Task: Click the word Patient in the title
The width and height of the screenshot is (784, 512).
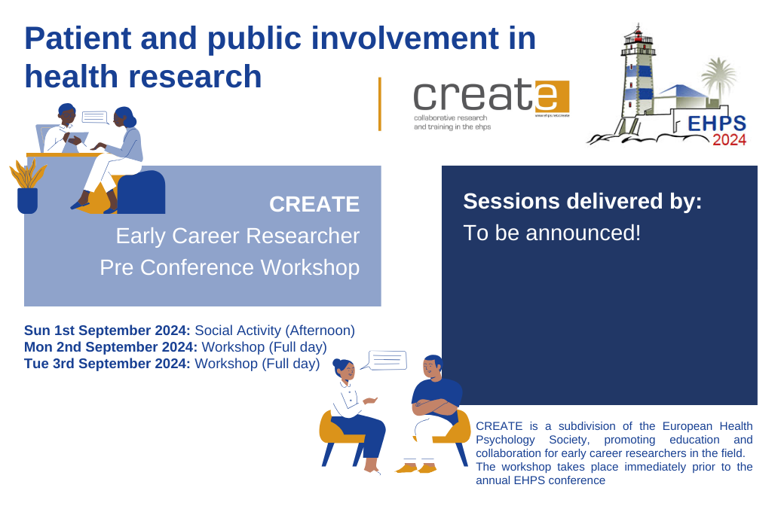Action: pyautogui.click(x=78, y=38)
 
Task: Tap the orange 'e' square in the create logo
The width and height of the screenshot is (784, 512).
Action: pyautogui.click(x=552, y=97)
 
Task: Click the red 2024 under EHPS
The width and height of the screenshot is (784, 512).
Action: pyautogui.click(x=729, y=140)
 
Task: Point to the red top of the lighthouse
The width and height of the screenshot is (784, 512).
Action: pyautogui.click(x=638, y=35)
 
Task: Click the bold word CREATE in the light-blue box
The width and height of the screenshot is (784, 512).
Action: pyautogui.click(x=314, y=204)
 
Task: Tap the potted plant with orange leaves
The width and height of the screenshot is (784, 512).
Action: pyautogui.click(x=27, y=187)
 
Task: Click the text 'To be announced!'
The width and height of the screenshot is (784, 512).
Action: pyautogui.click(x=552, y=233)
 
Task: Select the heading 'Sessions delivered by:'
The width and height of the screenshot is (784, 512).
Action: pyautogui.click(x=583, y=201)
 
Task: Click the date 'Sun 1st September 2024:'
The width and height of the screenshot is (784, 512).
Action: pyautogui.click(x=107, y=331)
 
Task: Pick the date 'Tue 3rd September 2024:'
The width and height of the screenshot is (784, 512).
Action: pyautogui.click(x=107, y=363)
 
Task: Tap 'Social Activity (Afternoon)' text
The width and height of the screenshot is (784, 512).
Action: pyautogui.click(x=274, y=331)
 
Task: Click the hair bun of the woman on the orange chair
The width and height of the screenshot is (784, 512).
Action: pyautogui.click(x=337, y=364)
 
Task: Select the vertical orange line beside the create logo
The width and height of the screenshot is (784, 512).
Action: pyautogui.click(x=380, y=104)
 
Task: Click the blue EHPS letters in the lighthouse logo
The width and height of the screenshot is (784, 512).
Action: pyautogui.click(x=716, y=123)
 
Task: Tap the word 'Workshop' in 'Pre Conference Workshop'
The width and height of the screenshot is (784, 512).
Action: pyautogui.click(x=310, y=267)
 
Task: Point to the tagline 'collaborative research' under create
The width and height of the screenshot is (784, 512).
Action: pyautogui.click(x=450, y=118)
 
